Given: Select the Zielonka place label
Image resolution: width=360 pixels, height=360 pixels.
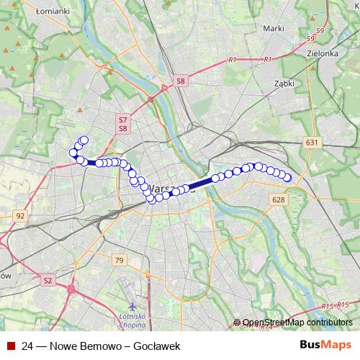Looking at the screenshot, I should coord(322,53).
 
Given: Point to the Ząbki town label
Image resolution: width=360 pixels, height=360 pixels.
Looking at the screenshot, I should coord(284,84).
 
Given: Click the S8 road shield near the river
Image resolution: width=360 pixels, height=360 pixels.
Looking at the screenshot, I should coord(181,82).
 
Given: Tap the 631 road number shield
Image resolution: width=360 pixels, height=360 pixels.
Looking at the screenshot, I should coord(311,143).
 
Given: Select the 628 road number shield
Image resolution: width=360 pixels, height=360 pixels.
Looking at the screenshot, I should coord(279,199).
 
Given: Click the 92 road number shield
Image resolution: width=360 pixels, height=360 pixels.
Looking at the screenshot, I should coord(20,215).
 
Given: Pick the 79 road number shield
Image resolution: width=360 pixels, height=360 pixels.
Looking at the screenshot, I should coord(120,260).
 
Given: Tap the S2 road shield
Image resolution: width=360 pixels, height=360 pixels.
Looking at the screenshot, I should coord(48,279).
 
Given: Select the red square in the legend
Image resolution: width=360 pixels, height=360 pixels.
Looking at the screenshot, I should coord(10,346).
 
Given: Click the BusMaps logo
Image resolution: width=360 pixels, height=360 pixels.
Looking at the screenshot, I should coord(325,346).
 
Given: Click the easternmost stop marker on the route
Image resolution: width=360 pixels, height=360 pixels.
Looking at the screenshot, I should coord(287,178).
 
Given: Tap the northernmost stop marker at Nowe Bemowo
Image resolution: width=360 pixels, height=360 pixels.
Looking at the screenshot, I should coord(84,140).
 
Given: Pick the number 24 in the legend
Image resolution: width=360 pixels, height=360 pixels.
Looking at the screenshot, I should coord(28,346).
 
